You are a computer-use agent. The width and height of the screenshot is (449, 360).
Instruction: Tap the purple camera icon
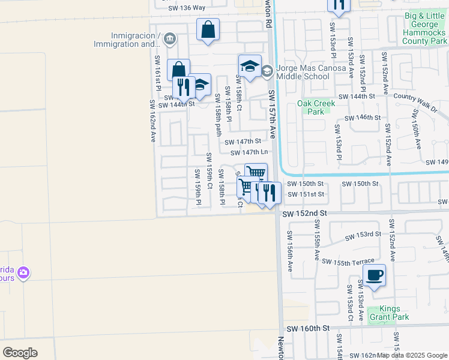23,273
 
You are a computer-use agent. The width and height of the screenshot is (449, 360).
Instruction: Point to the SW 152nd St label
305,214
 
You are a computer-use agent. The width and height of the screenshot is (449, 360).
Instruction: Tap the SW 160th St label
309,329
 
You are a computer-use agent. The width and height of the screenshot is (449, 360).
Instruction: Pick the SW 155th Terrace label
348,262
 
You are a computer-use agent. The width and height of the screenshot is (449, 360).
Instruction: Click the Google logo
20,352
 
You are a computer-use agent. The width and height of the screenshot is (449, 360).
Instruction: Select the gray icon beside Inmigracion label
169,40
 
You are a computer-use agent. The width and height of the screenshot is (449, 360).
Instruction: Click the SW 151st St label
306,194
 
